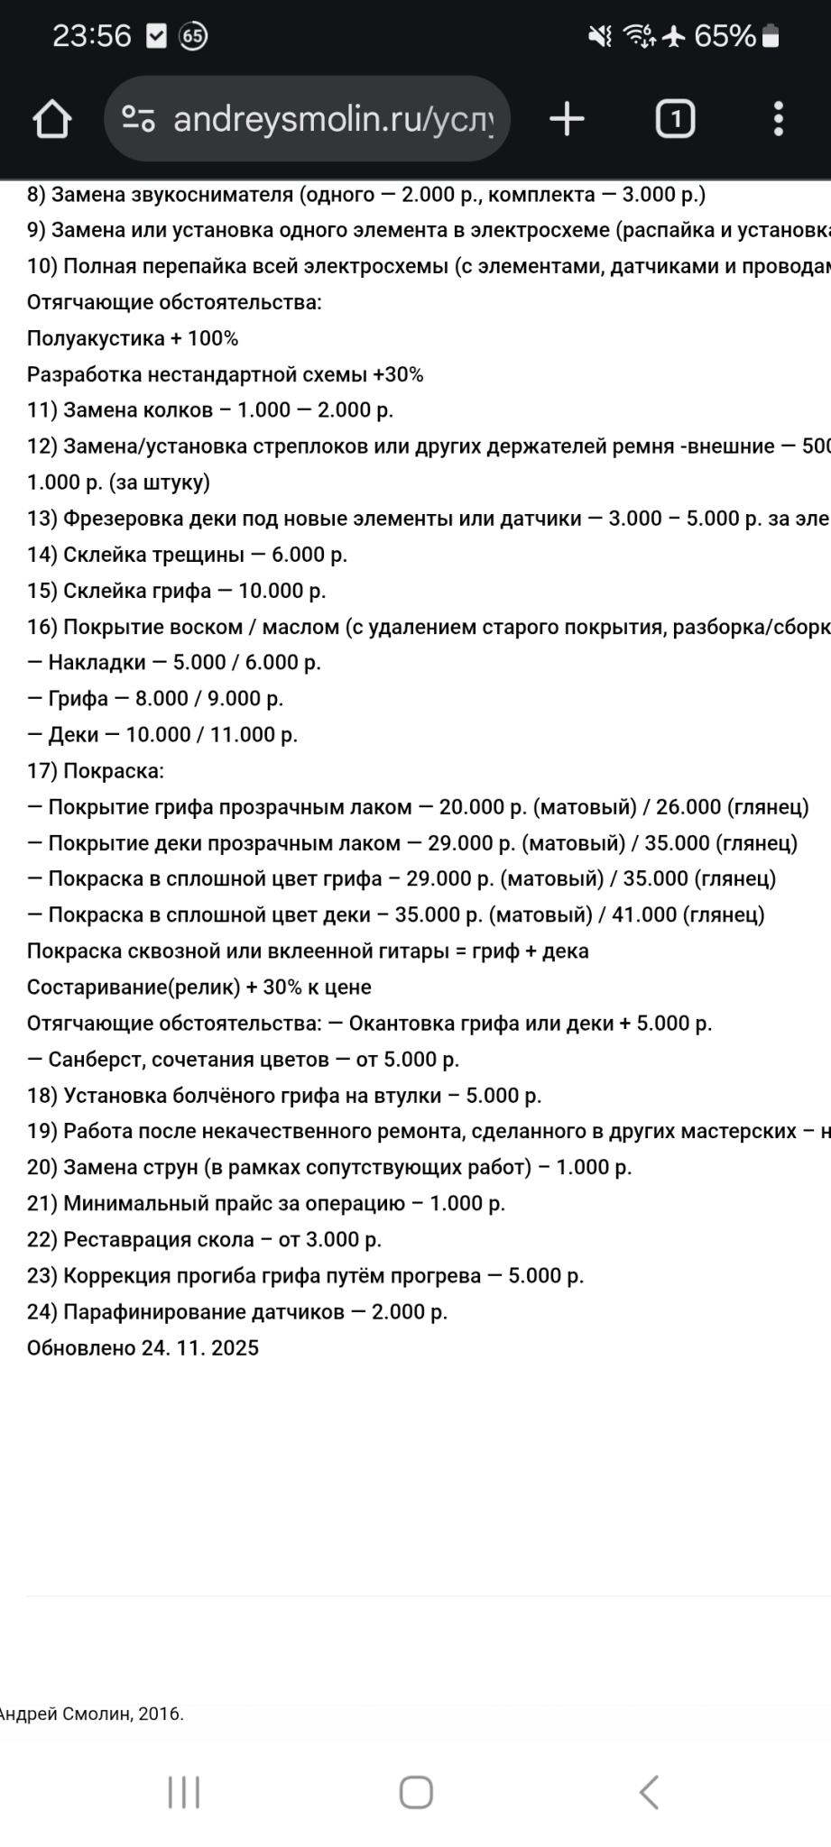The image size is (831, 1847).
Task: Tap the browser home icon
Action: (51, 119)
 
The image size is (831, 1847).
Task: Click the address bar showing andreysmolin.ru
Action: (307, 119)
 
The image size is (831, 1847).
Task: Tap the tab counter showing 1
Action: (674, 119)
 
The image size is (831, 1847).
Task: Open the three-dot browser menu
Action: (778, 119)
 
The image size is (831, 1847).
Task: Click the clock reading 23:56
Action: (92, 36)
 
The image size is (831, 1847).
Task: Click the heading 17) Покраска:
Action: (96, 771)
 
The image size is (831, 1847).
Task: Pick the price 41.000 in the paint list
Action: (643, 914)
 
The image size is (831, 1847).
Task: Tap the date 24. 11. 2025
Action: (199, 1347)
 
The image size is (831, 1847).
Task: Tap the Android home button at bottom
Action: (416, 1792)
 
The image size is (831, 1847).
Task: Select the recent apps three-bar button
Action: (184, 1792)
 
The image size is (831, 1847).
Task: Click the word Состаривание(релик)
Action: (134, 987)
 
